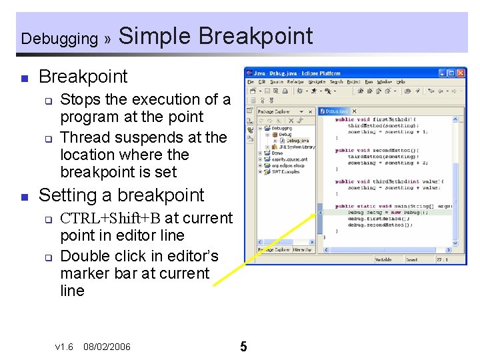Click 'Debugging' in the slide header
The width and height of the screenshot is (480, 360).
pos(59,39)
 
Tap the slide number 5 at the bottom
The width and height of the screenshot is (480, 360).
pos(243,347)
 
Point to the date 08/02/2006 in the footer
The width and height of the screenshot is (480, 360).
pos(107,347)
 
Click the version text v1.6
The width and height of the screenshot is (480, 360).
pos(64,347)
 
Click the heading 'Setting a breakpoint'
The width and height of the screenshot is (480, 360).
pos(121,195)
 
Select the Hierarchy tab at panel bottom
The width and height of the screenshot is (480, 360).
pos(301,250)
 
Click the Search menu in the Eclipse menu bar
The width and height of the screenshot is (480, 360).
pos(336,82)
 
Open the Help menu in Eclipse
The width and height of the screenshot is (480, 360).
pos(401,82)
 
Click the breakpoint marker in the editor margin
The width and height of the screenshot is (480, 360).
pos(320,213)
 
